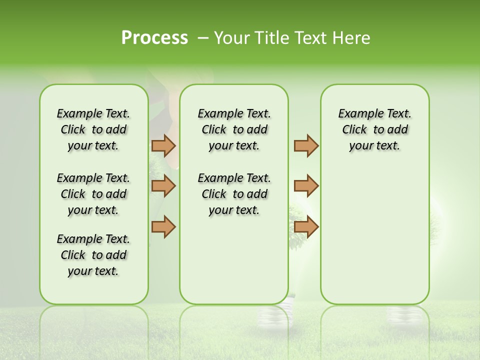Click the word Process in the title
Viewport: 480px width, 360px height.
154,38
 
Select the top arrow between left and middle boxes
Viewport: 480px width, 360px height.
163,145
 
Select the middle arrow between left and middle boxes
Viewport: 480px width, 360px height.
163,186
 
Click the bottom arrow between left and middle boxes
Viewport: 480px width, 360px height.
163,226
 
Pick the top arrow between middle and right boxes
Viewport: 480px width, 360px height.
306,145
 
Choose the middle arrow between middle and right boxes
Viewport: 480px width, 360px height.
306,186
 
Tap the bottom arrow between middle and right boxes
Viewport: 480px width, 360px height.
306,226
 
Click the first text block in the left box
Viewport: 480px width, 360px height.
93,129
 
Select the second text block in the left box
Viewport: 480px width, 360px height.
93,194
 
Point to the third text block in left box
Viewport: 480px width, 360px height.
93,255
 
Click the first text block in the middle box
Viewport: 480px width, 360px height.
234,129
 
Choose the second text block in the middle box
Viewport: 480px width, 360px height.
234,194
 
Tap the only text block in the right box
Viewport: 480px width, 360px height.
375,129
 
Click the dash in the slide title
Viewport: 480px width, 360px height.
203,38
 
